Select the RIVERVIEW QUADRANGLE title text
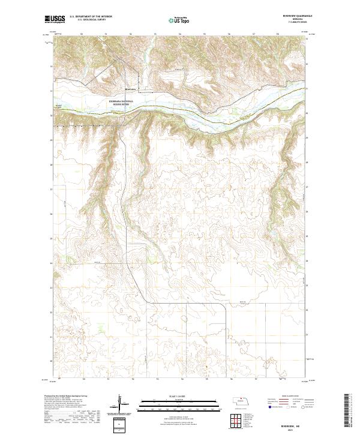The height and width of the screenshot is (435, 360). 293,17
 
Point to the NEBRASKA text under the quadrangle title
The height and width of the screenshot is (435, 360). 293,20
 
